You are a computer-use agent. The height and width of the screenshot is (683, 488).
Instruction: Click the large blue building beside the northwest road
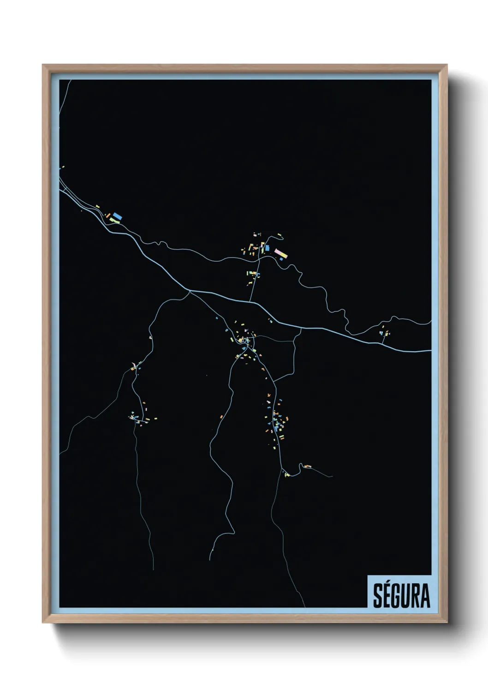tap(117, 216)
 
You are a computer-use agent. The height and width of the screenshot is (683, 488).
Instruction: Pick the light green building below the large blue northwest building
tap(113, 221)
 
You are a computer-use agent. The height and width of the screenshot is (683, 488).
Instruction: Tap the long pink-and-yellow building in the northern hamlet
tap(281, 253)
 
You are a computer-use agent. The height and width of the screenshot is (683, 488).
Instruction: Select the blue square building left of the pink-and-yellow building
tap(267, 248)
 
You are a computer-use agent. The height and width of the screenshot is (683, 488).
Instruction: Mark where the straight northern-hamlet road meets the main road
tap(250, 302)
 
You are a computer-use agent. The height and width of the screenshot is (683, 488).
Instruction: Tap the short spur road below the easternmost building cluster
tap(384, 338)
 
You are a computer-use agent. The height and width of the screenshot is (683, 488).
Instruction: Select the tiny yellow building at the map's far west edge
tap(63, 167)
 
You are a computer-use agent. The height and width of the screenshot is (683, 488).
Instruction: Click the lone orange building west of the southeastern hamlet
tap(221, 417)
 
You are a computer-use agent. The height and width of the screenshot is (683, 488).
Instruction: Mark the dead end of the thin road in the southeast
tap(333, 476)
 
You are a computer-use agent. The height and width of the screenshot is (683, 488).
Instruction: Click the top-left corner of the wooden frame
tap(43, 65)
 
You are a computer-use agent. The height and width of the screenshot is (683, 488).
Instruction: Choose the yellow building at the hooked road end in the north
tap(280, 235)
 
